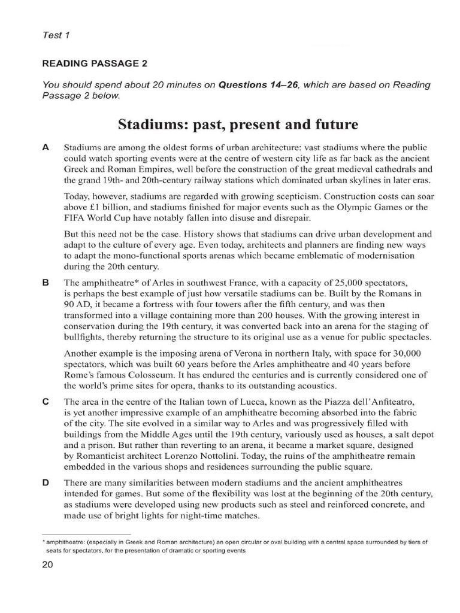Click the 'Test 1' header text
point(56,35)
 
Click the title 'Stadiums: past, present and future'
point(238,125)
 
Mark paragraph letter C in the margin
point(46,402)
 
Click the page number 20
point(49,566)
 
